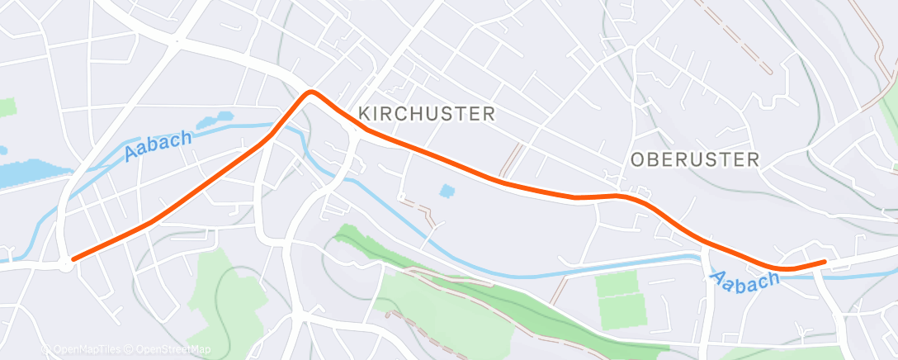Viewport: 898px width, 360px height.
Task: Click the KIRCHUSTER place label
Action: click(x=426, y=114)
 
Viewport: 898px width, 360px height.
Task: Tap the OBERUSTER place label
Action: click(x=694, y=160)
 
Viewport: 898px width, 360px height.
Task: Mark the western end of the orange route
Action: click(x=74, y=259)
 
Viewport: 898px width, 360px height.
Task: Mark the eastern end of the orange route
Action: click(x=824, y=262)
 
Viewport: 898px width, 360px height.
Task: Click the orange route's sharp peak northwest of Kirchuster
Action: click(x=311, y=92)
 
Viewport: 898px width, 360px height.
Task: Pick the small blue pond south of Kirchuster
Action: click(x=447, y=191)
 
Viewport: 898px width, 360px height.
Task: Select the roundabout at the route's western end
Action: click(x=65, y=264)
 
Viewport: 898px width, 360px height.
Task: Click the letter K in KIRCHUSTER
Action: click(x=363, y=114)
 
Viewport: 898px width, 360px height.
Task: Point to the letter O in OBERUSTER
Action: click(x=636, y=160)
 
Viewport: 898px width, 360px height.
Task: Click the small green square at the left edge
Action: click(x=7, y=107)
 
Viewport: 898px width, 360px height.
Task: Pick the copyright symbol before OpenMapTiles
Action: click(x=45, y=350)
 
